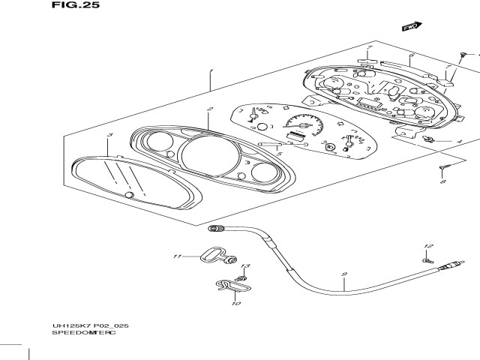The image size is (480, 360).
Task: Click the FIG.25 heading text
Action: [76, 5]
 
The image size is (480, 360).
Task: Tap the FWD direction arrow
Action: [409, 28]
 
